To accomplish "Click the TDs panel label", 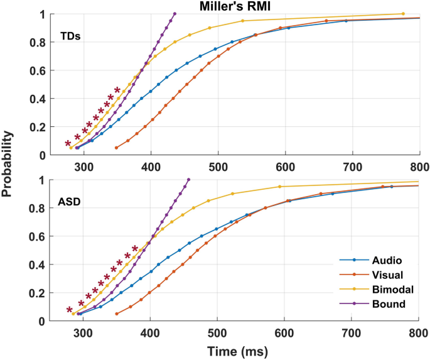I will [71, 36].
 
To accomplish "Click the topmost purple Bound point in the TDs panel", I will [175, 14].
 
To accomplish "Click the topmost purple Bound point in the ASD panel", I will [189, 180].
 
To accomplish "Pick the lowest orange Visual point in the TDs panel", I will [116, 148].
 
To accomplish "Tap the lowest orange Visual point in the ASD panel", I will [117, 314].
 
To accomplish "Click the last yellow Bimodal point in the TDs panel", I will [403, 14].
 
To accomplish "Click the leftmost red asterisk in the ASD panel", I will [69, 310].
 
